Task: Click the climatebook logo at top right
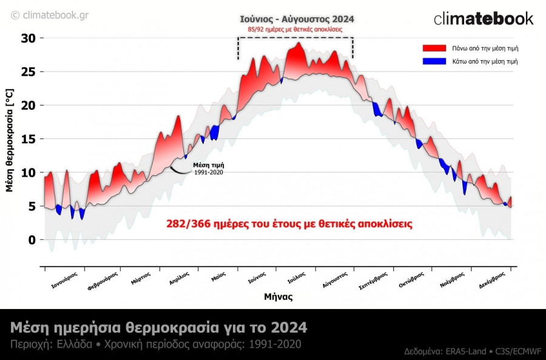click(484, 18)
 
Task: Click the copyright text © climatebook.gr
click(50, 15)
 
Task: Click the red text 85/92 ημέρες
click(295, 29)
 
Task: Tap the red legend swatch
click(434, 48)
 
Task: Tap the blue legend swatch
click(434, 61)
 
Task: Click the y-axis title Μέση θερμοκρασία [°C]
click(9, 140)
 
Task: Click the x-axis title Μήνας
click(278, 297)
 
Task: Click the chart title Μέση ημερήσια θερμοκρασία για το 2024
click(159, 328)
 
